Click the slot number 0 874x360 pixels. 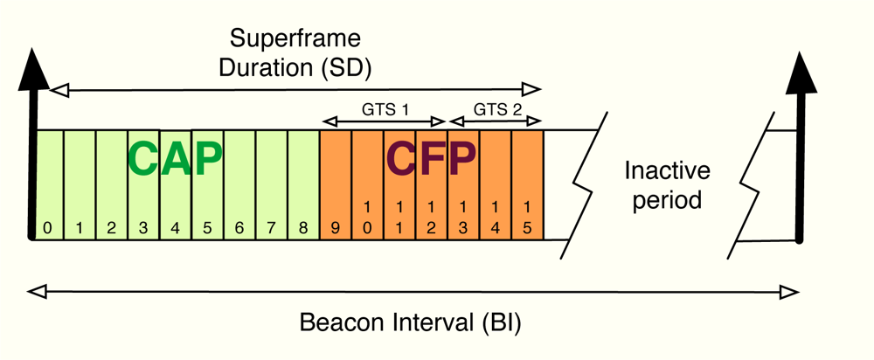click(48, 229)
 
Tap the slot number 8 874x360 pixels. click(302, 229)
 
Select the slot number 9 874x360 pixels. click(335, 229)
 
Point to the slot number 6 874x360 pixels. click(239, 229)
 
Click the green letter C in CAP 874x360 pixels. click(145, 159)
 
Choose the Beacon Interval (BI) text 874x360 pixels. click(410, 322)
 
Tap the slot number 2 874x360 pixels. click(111, 229)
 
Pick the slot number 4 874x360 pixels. click(175, 229)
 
